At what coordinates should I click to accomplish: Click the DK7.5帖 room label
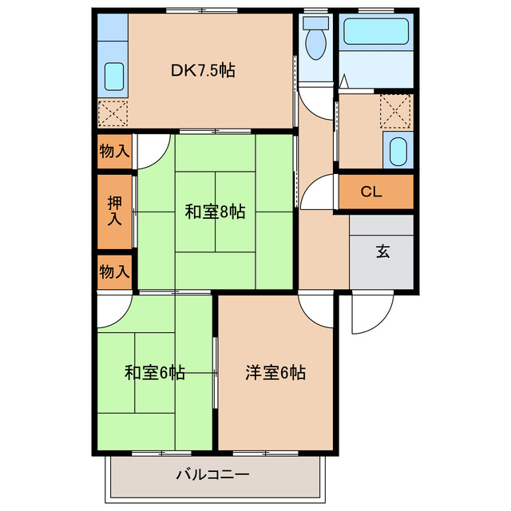pyautogui.click(x=202, y=70)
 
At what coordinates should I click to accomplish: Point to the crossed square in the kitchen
pyautogui.click(x=112, y=113)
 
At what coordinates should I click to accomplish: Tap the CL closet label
pyautogui.click(x=371, y=192)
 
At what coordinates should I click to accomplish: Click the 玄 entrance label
pyautogui.click(x=382, y=252)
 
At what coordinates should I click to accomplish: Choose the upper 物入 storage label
pyautogui.click(x=113, y=151)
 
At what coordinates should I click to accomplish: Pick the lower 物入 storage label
pyautogui.click(x=113, y=271)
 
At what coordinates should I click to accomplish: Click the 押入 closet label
pyautogui.click(x=115, y=211)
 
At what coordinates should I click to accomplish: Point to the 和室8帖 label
pyautogui.click(x=215, y=212)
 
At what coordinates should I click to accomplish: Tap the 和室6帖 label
pyautogui.click(x=155, y=372)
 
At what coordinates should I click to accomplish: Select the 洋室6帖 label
pyautogui.click(x=275, y=372)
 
